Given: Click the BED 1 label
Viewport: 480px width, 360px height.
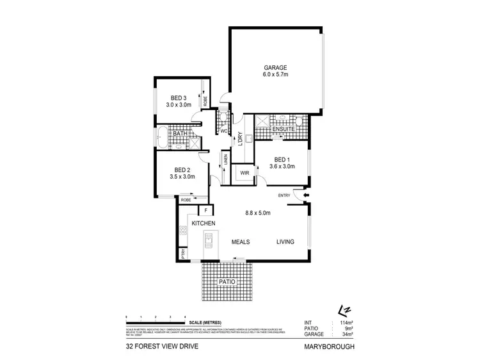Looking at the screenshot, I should [x=283, y=159].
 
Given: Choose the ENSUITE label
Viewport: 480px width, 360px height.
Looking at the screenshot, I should [x=283, y=129].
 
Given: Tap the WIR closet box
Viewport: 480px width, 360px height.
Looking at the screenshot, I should [x=244, y=173].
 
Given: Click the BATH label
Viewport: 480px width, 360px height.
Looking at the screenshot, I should [x=170, y=133].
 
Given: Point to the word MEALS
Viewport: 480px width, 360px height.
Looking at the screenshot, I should [x=240, y=241].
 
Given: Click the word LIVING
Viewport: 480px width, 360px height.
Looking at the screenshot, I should [x=285, y=241].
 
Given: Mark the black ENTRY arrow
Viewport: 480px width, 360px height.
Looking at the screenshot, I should [x=306, y=195].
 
